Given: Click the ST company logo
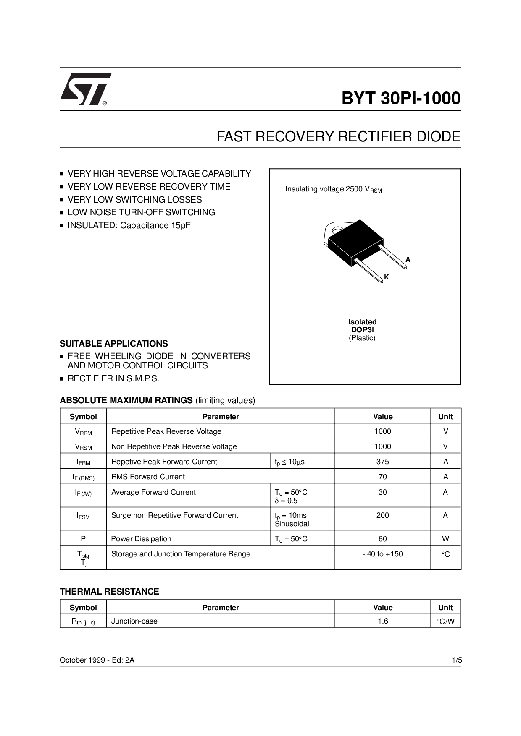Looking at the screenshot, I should pyautogui.click(x=85, y=89).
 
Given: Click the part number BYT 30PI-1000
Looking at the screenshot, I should pyautogui.click(x=401, y=98).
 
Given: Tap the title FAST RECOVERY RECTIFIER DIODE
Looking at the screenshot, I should pyautogui.click(x=338, y=137).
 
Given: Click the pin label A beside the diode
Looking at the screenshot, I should pyautogui.click(x=408, y=260).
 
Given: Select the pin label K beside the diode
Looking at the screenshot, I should pyautogui.click(x=387, y=277).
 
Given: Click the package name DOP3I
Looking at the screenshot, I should pyautogui.click(x=362, y=330).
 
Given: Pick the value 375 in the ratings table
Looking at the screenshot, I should pyautogui.click(x=382, y=462).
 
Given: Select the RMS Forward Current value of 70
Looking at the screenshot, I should pyautogui.click(x=382, y=477).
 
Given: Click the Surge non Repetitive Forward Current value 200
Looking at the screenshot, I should pyautogui.click(x=382, y=515).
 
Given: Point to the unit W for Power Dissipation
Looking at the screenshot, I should pyautogui.click(x=445, y=539).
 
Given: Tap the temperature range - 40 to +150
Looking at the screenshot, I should pyautogui.click(x=382, y=554).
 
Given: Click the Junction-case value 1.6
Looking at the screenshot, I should pyautogui.click(x=382, y=621).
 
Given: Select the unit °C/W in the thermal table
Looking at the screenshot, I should pyautogui.click(x=445, y=621).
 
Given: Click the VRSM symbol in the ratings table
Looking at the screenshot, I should pyautogui.click(x=83, y=447).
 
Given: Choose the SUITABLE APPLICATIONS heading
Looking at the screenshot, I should pyautogui.click(x=114, y=344).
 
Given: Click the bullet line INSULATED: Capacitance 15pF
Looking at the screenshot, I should pyautogui.click(x=129, y=225).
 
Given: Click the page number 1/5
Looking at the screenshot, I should pyautogui.click(x=457, y=660).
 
